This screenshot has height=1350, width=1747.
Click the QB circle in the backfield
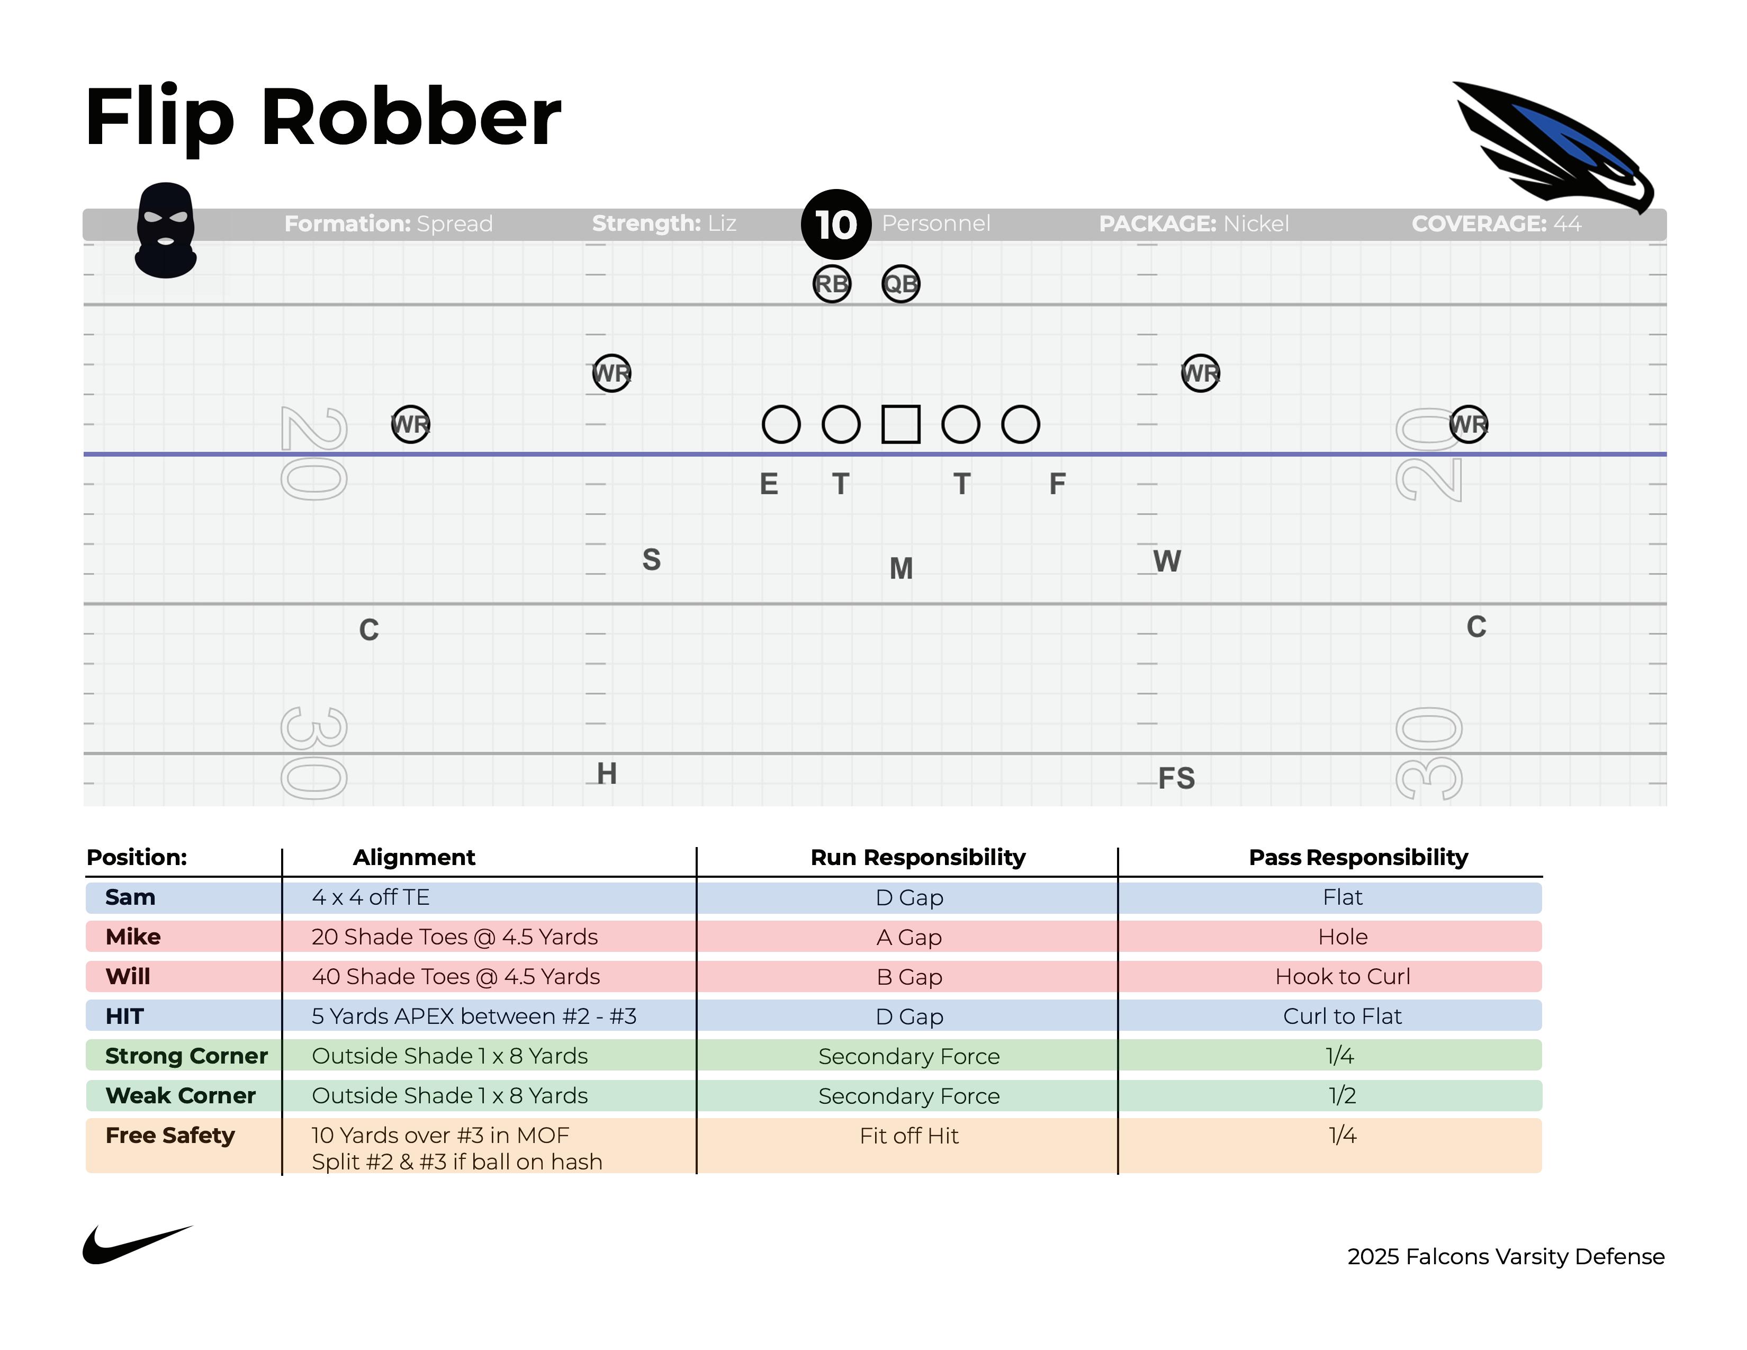pyautogui.click(x=900, y=284)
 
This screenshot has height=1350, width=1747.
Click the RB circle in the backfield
pyautogui.click(x=832, y=284)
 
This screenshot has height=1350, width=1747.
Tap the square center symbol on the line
pyautogui.click(x=900, y=424)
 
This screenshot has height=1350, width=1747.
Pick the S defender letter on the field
pyautogui.click(x=651, y=560)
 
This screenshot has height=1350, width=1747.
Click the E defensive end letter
pyautogui.click(x=769, y=484)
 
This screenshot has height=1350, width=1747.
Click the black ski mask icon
pyautogui.click(x=166, y=230)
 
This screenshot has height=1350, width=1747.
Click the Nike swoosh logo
pyautogui.click(x=136, y=1245)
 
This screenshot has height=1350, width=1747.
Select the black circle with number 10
pyautogui.click(x=836, y=224)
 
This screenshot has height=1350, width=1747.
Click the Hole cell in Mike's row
pyautogui.click(x=1342, y=937)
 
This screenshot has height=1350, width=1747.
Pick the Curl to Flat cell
pyautogui.click(x=1342, y=1016)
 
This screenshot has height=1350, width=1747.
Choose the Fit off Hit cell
pyautogui.click(x=908, y=1136)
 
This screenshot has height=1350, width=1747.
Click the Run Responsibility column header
pyautogui.click(x=917, y=857)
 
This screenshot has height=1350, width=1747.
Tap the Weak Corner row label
pyautogui.click(x=181, y=1096)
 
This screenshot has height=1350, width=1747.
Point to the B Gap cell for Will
pyautogui.click(x=908, y=977)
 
